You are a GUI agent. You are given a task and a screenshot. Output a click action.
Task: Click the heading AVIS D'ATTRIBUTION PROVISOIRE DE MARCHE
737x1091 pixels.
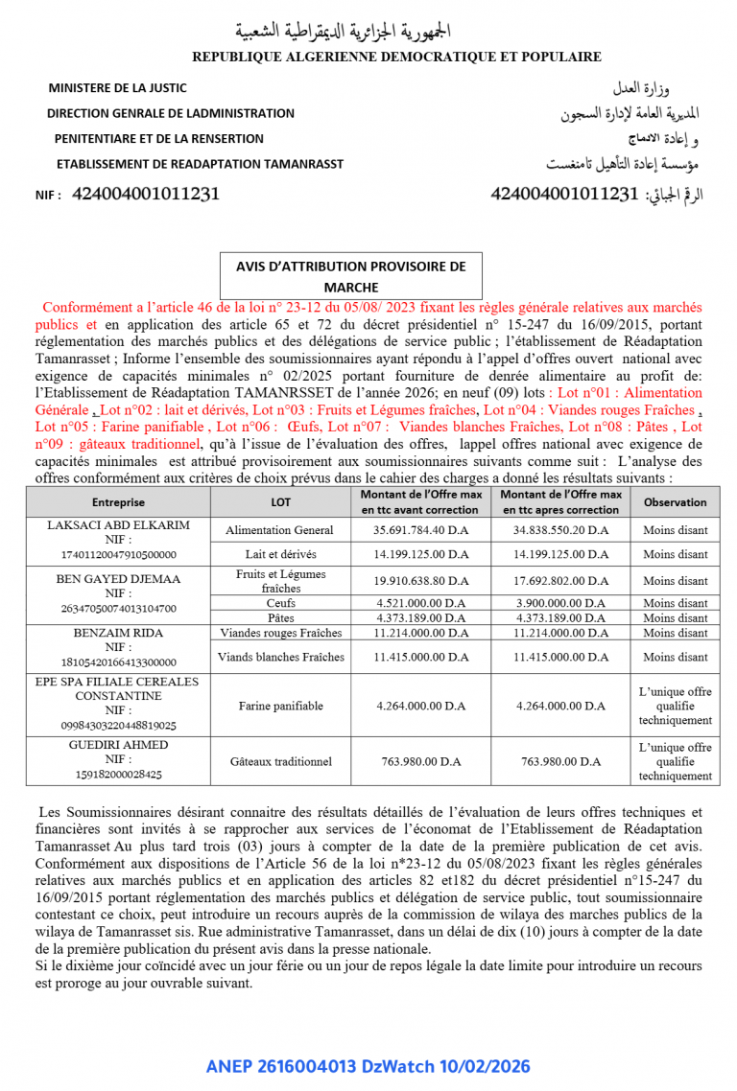point(350,276)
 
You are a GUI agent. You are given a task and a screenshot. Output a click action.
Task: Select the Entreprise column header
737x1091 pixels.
point(118,502)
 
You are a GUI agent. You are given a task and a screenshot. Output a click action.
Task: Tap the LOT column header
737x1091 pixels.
point(280,502)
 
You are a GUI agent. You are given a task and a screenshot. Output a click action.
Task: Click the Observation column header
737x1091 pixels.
point(675,502)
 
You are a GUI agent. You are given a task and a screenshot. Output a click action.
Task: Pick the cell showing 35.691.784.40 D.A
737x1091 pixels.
point(421,530)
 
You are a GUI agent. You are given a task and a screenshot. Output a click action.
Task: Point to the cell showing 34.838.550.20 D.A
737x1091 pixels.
point(560,530)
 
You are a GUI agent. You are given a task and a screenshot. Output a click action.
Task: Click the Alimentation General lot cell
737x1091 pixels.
point(280,530)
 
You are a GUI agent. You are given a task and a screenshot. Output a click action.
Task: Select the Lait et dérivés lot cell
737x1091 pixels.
point(280,554)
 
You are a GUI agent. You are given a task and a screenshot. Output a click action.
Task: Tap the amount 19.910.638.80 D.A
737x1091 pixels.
point(421,581)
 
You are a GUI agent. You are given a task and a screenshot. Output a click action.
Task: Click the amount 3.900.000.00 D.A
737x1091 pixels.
point(560,603)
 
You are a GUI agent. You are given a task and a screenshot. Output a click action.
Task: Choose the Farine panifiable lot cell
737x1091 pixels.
point(280,706)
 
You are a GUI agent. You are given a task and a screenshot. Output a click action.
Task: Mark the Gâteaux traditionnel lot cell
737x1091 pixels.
point(280,761)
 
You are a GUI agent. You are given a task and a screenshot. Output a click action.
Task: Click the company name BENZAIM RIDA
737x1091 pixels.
point(118,633)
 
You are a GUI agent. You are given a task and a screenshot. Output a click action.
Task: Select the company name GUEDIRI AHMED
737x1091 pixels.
point(118,745)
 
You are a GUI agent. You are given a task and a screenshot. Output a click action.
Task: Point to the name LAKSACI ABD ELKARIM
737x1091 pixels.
point(118,525)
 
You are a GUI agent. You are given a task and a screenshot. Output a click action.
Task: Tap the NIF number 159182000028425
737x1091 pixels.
point(118,775)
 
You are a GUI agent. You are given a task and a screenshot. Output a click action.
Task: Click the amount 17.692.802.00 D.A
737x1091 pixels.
point(560,581)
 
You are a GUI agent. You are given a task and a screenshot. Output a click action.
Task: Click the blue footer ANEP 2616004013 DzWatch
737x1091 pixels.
point(368,1066)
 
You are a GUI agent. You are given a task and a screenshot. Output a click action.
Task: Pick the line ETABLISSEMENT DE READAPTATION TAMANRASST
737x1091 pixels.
point(200,164)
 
